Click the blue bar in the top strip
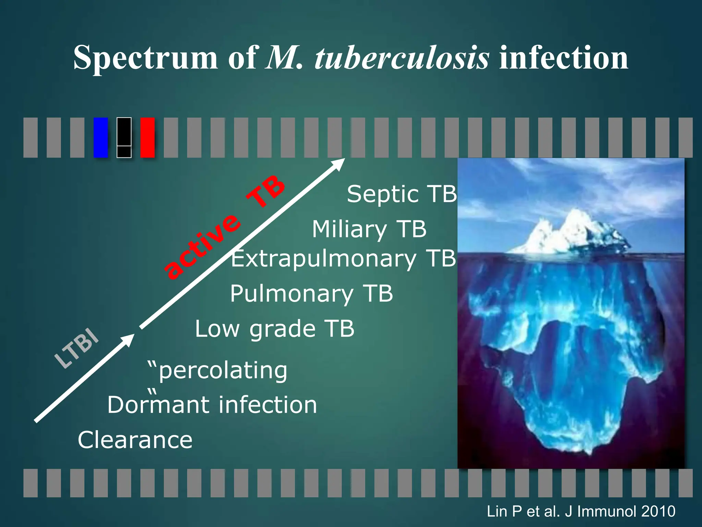[101, 138]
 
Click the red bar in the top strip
[147, 138]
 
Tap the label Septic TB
[402, 194]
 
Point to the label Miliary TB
[369, 229]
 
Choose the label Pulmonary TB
[311, 294]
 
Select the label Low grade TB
[275, 329]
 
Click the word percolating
[223, 371]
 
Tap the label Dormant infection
[212, 405]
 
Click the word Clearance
[135, 440]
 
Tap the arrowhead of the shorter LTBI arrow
[128, 340]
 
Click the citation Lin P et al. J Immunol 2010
[581, 512]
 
